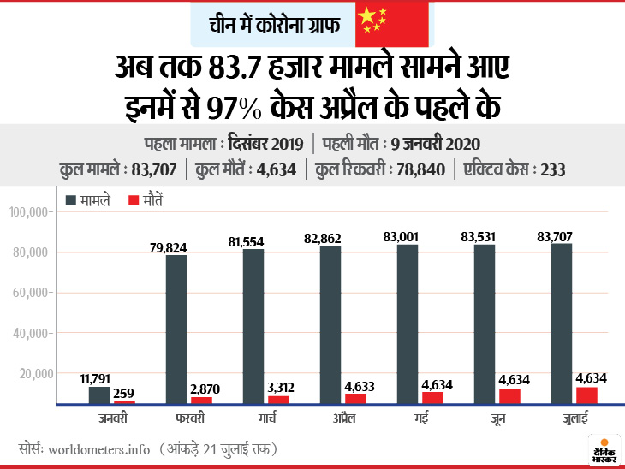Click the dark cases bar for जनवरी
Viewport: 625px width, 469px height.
tap(99, 395)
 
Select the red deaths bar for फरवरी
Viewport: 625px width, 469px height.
tap(201, 400)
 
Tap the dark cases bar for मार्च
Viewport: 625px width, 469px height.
tap(254, 326)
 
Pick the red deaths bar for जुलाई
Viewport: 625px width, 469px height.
tap(586, 395)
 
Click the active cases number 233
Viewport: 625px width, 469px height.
tap(552, 169)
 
